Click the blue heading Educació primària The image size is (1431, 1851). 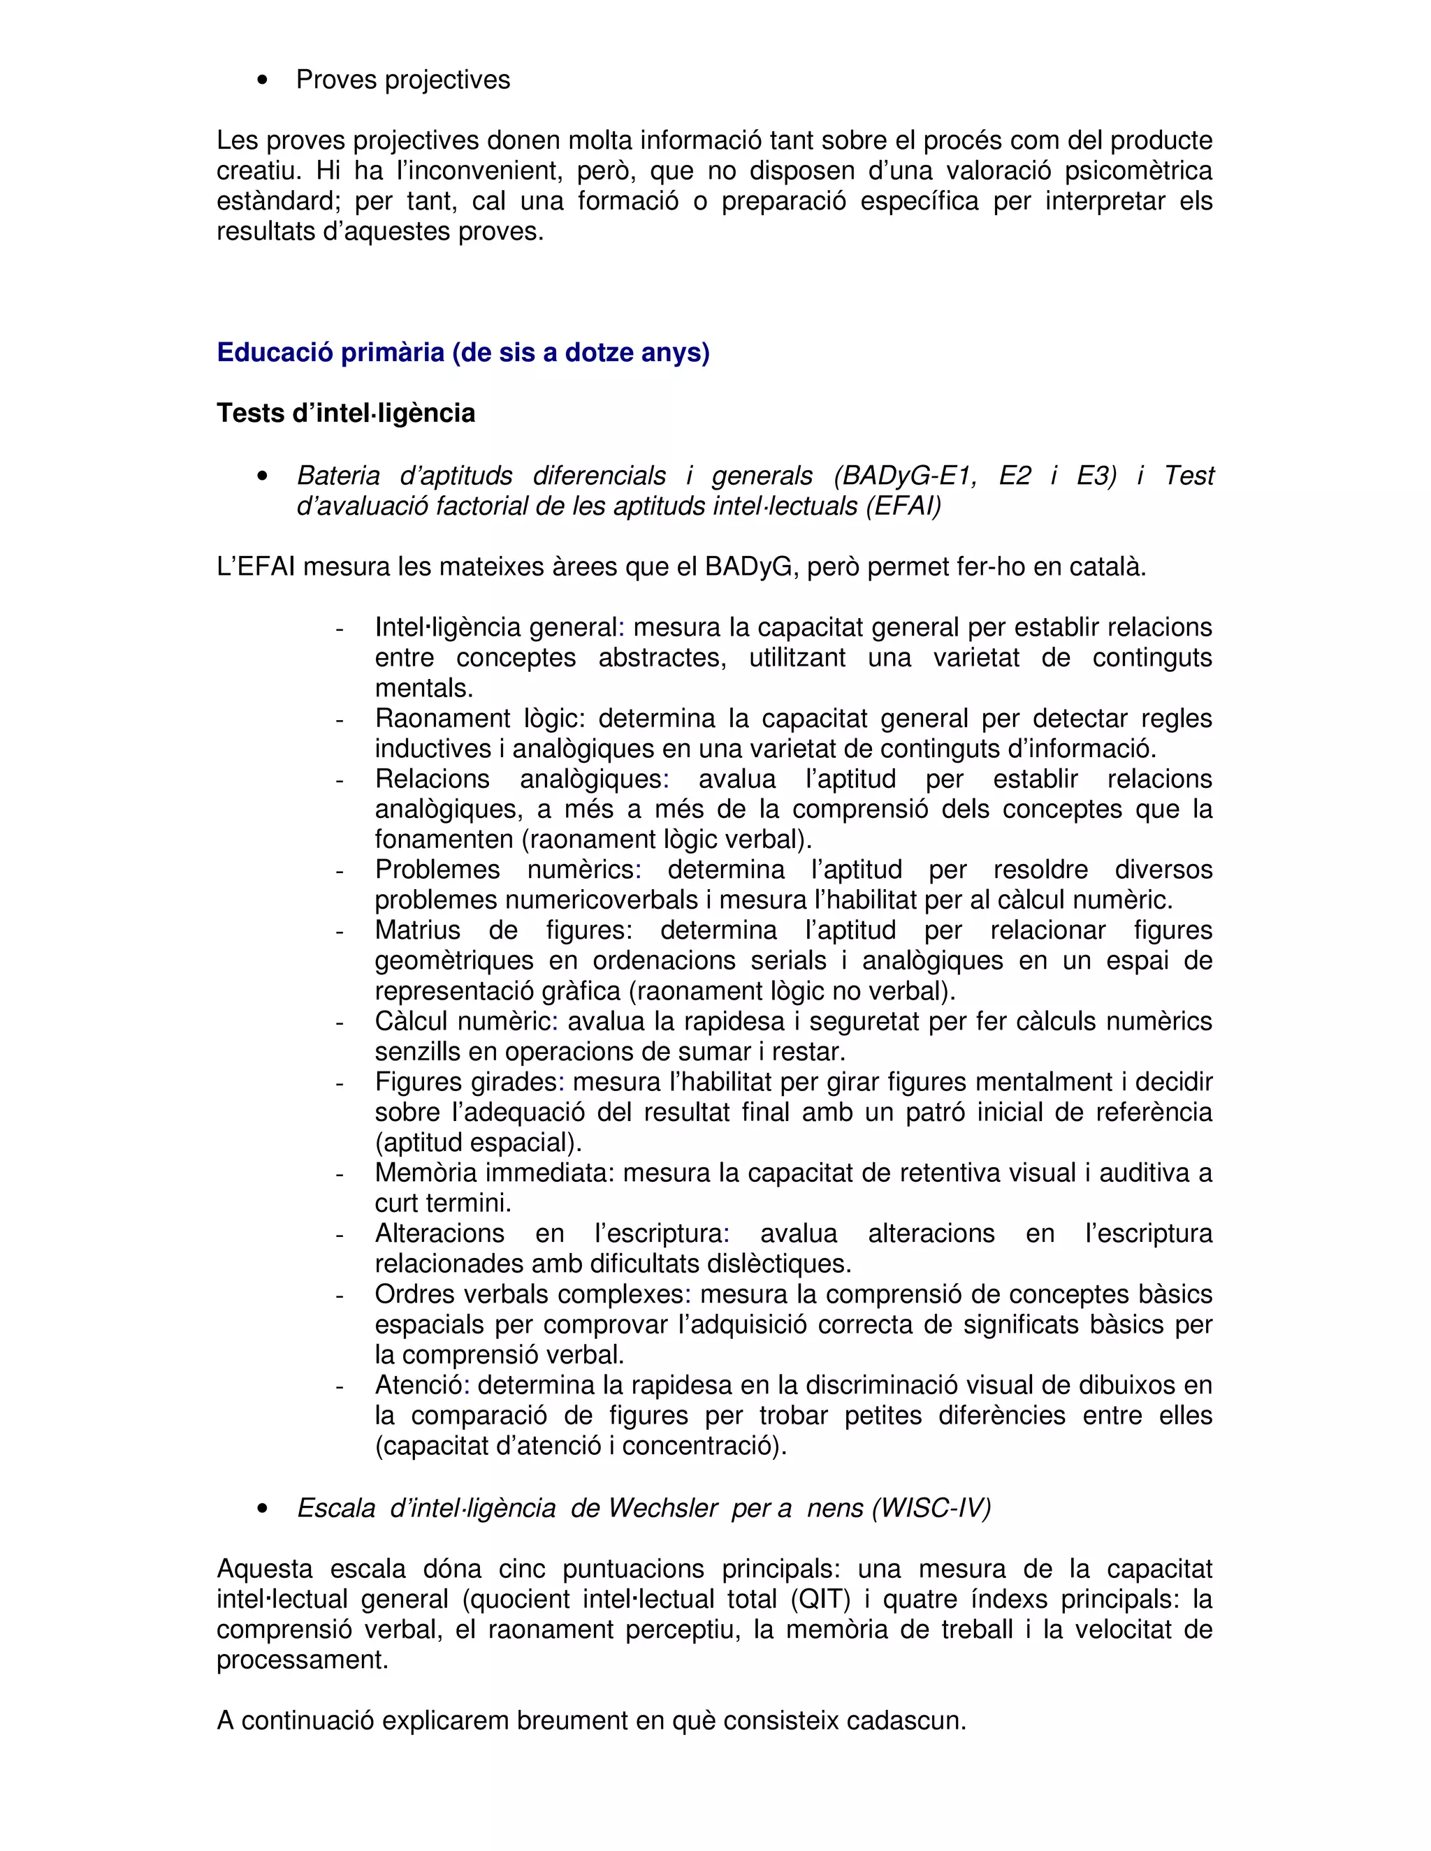click(463, 353)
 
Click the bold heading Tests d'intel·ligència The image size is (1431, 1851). click(346, 414)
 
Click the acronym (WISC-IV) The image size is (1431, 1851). click(931, 1509)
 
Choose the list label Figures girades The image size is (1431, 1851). click(466, 1082)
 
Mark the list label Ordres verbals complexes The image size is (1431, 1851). click(532, 1294)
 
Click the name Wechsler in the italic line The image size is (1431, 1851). click(663, 1509)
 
